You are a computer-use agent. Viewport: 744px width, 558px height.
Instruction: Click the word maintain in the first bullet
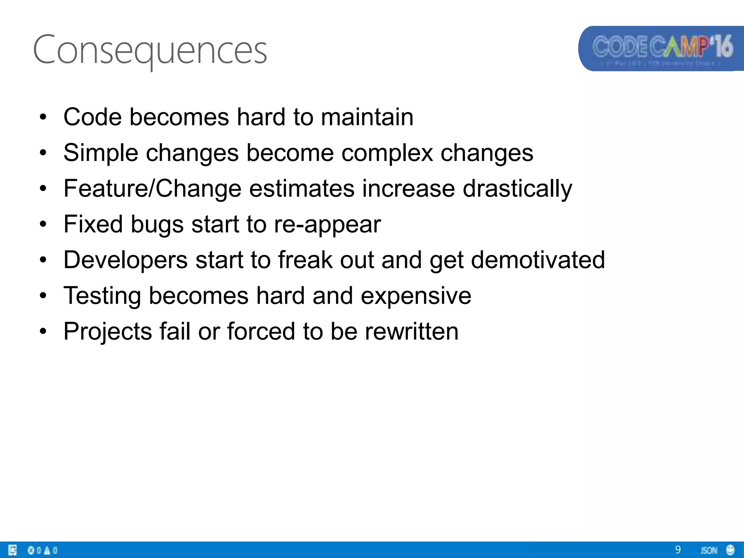tap(367, 117)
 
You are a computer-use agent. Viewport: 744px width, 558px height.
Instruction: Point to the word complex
tap(387, 153)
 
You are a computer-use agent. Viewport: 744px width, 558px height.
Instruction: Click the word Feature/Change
tap(153, 189)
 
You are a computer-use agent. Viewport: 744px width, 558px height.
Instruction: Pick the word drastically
tap(517, 189)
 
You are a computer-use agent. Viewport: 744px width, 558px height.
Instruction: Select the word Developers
tap(126, 260)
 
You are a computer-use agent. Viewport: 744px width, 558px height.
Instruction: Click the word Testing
tap(102, 296)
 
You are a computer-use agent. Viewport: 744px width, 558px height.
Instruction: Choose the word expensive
tap(416, 296)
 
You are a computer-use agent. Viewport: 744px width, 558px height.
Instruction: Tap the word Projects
tap(108, 332)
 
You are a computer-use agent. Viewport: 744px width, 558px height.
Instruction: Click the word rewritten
tap(412, 332)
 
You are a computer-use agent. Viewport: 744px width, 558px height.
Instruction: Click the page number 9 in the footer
tap(678, 550)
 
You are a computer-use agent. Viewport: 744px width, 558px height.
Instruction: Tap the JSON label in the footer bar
tap(708, 550)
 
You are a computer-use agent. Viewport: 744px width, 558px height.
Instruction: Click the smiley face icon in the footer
tap(730, 550)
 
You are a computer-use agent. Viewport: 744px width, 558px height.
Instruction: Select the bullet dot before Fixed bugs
tap(43, 225)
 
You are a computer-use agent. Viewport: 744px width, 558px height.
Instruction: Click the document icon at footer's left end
tap(12, 550)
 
